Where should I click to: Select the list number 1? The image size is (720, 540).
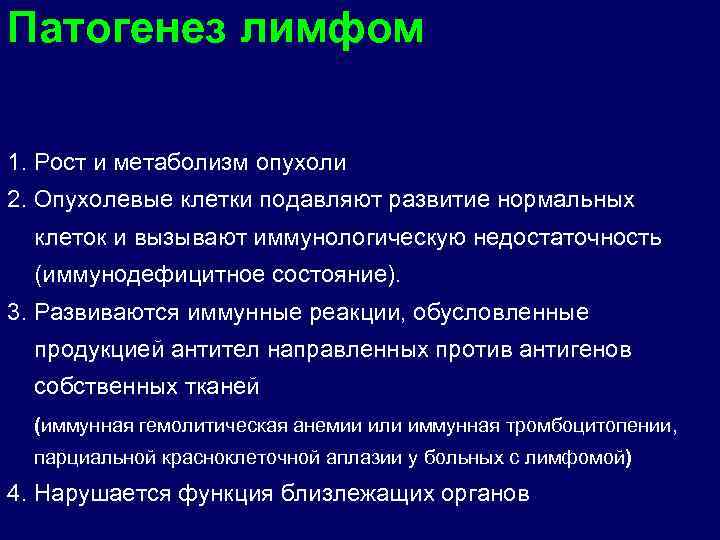(x=13, y=161)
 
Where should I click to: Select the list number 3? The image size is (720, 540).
(x=13, y=313)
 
